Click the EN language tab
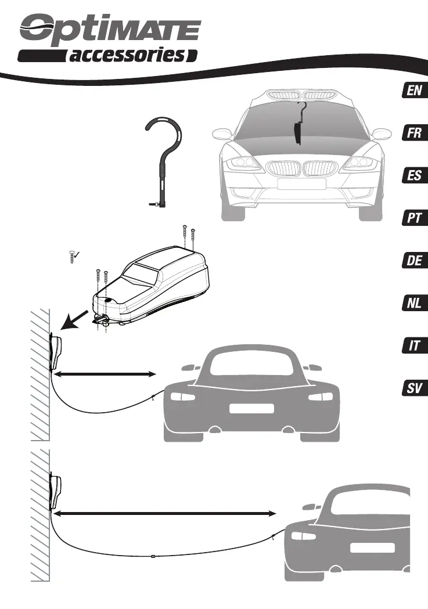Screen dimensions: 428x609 point(414,91)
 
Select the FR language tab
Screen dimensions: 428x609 point(414,134)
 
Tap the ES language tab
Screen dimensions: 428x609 point(414,175)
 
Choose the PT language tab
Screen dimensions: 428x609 point(414,219)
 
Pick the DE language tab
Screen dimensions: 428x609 point(414,261)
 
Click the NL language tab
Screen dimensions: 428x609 point(414,304)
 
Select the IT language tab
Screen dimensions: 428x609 point(414,346)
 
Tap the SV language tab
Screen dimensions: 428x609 point(414,389)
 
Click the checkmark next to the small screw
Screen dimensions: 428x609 point(76,254)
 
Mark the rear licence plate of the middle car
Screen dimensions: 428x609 point(251,408)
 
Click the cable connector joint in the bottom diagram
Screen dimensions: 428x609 point(153,556)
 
